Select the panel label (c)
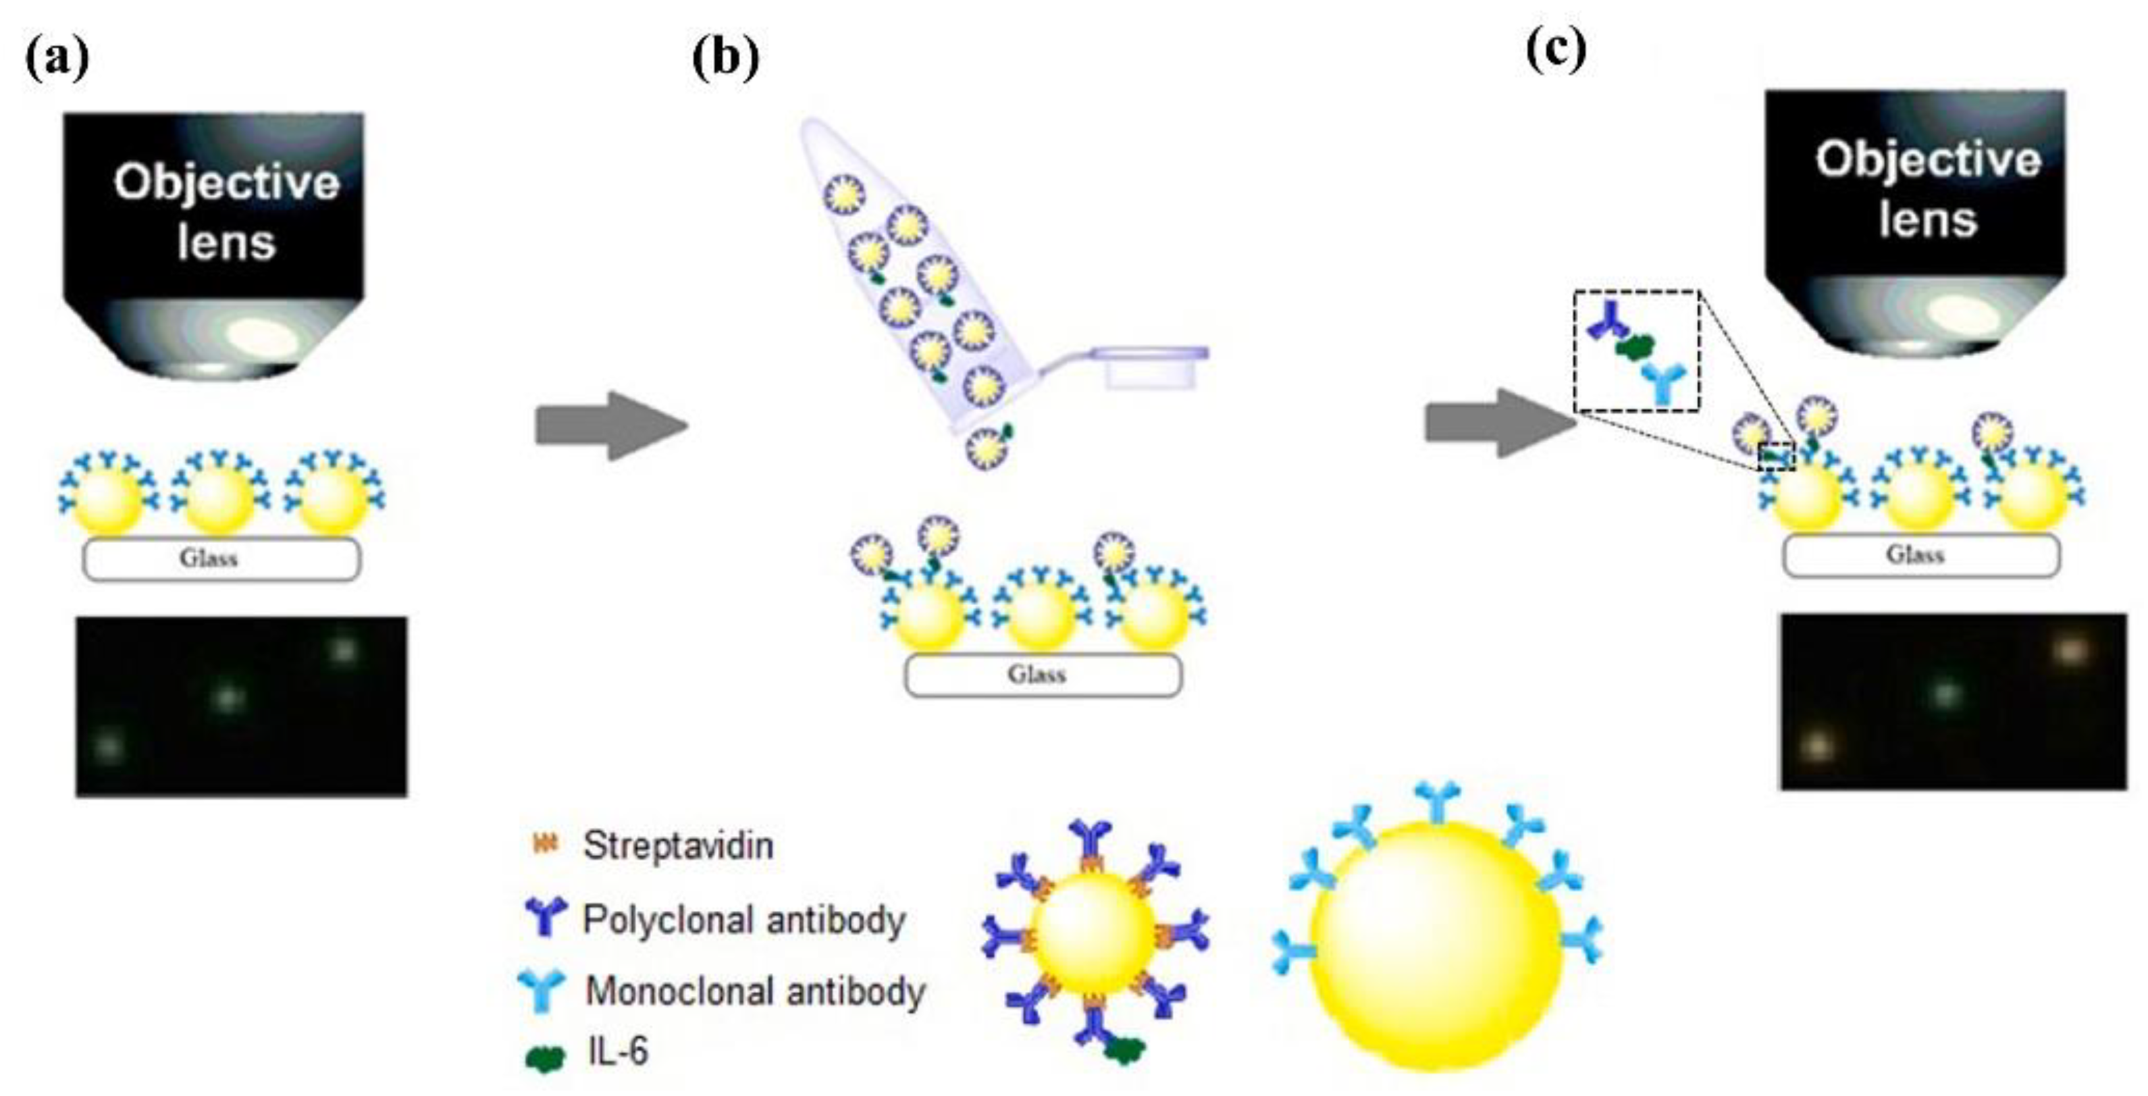click(1555, 50)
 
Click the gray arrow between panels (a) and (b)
click(610, 425)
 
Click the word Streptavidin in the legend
click(678, 845)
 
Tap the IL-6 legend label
click(617, 1051)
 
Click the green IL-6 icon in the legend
click(544, 1058)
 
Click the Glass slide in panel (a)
click(221, 559)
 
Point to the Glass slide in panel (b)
click(1043, 675)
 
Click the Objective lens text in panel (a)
click(226, 212)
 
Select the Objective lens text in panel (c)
click(1927, 188)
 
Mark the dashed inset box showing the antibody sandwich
click(1636, 351)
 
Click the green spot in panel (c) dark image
click(1945, 693)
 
